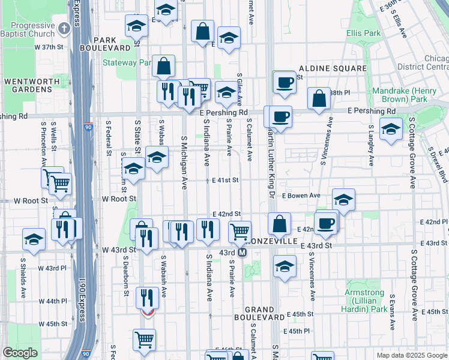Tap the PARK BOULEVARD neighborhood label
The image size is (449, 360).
pos(112,44)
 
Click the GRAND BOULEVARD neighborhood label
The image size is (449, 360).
pos(259,313)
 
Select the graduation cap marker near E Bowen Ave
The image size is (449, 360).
pos(343,200)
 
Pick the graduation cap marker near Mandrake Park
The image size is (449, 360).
pos(391,129)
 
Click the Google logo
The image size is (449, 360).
pos(20,353)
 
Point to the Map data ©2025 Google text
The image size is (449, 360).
pos(411,355)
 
